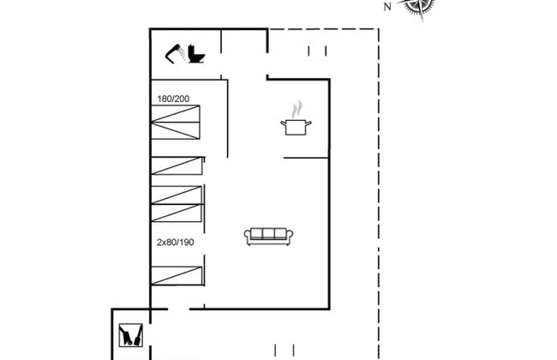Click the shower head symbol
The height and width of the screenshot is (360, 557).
click(x=172, y=54)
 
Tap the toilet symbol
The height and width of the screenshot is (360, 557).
click(x=196, y=54)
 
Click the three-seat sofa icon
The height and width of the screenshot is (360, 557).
click(x=268, y=237)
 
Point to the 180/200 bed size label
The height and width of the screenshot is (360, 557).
click(x=173, y=99)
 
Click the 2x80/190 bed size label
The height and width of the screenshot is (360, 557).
click(x=176, y=243)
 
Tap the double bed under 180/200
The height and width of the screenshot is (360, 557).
click(x=176, y=122)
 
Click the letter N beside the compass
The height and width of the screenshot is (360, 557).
click(x=387, y=6)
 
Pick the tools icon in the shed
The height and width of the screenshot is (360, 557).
click(x=131, y=335)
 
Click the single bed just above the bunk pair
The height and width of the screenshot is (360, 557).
click(x=177, y=166)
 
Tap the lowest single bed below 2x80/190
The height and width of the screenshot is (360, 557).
click(x=177, y=276)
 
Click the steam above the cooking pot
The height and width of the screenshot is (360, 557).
click(x=297, y=110)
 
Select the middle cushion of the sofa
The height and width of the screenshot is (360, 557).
click(x=268, y=233)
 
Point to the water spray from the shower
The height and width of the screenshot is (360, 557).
click(x=182, y=54)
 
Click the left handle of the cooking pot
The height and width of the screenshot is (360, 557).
click(x=284, y=123)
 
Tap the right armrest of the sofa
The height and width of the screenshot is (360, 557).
click(x=290, y=235)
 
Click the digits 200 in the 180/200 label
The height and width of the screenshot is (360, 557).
click(x=183, y=99)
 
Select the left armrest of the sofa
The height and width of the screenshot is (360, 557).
click(x=248, y=235)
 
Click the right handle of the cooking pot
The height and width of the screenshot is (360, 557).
click(x=308, y=123)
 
